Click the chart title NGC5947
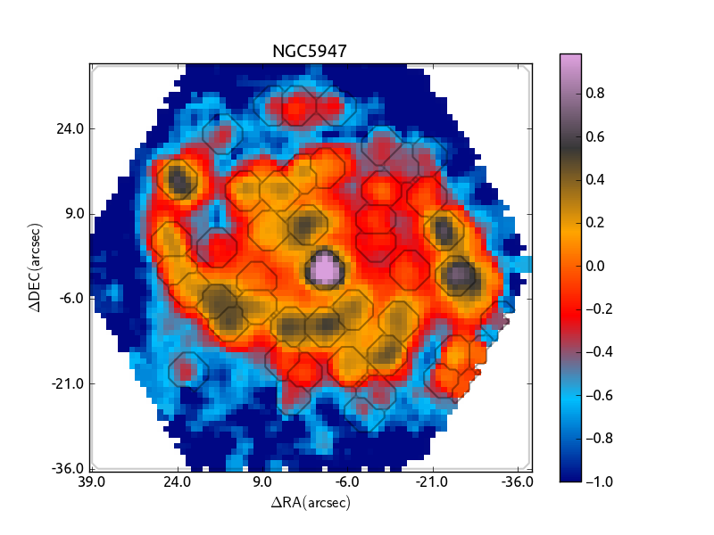click(309, 52)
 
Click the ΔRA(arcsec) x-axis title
click(310, 503)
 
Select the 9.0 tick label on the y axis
click(75, 214)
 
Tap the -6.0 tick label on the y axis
click(71, 299)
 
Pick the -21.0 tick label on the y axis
click(69, 384)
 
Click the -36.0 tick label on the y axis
click(69, 468)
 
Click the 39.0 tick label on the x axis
click(92, 482)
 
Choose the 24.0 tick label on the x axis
click(177, 482)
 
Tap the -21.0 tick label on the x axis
click(432, 482)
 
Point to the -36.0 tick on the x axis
click(518, 482)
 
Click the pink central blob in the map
click(324, 267)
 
